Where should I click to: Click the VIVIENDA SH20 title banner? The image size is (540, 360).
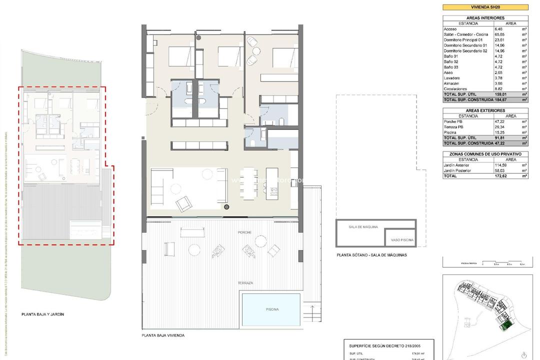(485, 7)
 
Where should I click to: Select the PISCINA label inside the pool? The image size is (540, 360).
(271, 310)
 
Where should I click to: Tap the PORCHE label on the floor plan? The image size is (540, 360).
(245, 232)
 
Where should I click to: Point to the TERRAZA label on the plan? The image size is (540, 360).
(245, 283)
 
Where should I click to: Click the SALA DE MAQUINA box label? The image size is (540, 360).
(362, 227)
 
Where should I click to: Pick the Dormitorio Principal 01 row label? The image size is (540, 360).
(463, 40)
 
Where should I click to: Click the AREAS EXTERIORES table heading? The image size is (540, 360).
(485, 110)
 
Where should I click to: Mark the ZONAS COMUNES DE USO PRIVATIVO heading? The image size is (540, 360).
(485, 154)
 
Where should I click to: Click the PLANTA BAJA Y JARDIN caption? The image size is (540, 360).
(43, 314)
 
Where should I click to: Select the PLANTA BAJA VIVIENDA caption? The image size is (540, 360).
(163, 335)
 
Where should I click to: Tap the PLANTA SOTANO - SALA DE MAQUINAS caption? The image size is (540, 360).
(372, 255)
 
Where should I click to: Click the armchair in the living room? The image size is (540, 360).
(183, 202)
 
